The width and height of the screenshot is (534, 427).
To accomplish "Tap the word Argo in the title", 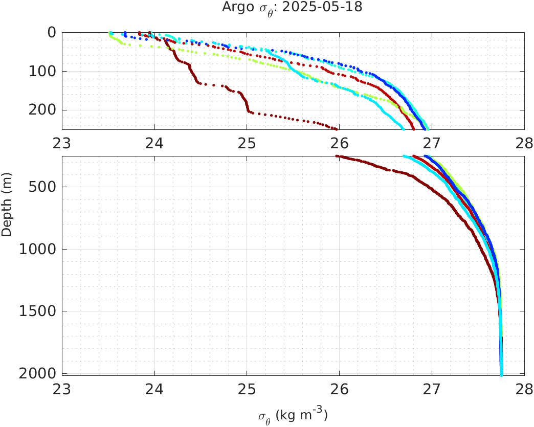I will pos(234,7).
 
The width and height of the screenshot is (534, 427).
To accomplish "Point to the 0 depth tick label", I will pos(52,32).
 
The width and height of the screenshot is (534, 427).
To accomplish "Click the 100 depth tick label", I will pos(43,71).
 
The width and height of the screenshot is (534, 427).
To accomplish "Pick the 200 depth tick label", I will pos(43,110).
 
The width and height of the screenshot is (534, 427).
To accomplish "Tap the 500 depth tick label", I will pos(43,187).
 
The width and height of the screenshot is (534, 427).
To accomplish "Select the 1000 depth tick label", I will pos(39,250).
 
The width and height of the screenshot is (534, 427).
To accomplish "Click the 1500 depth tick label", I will pos(39,311).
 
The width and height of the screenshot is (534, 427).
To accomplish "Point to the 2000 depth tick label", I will pos(39,373).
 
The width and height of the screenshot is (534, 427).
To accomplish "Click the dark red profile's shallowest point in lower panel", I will pos(337,156).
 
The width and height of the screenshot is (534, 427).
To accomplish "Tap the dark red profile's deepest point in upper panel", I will pos(336,128).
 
